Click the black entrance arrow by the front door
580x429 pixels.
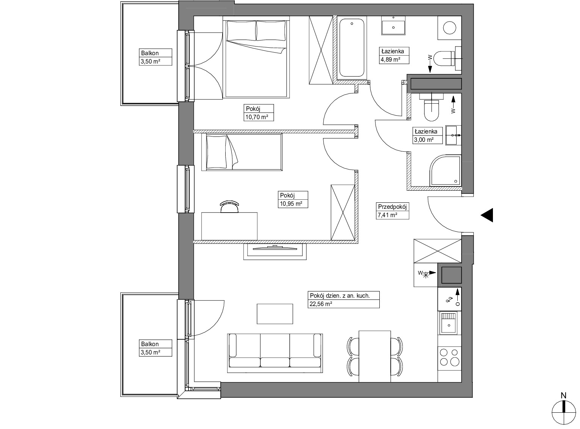(x=487, y=215)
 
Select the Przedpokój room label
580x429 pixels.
(x=392, y=207)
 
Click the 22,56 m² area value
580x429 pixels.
(x=321, y=304)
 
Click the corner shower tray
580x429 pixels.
(x=445, y=171)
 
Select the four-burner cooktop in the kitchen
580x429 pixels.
(x=449, y=357)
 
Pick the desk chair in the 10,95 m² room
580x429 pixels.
(x=229, y=207)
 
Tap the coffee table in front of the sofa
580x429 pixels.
(x=275, y=314)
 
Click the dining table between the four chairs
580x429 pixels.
(x=375, y=356)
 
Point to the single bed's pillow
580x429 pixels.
(x=217, y=152)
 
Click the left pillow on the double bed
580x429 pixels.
(x=242, y=31)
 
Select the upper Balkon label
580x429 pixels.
(x=150, y=53)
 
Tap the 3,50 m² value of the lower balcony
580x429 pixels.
(x=150, y=352)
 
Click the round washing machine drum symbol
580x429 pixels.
(x=449, y=28)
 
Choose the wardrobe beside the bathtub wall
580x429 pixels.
(x=321, y=50)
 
